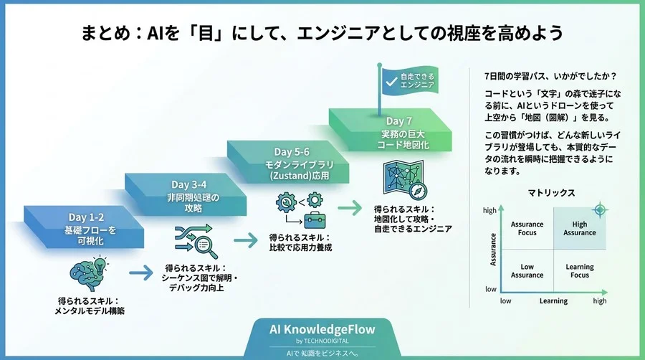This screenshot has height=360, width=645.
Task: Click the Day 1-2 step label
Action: [86, 217]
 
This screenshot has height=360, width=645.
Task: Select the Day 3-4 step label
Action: [190, 185]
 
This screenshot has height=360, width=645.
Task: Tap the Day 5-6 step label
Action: [292, 152]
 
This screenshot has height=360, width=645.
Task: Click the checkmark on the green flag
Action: [391, 80]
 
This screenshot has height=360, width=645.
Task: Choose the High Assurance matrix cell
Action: [579, 228]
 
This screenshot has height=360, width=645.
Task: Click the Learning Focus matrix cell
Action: [579, 270]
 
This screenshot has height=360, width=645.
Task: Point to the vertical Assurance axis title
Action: [494, 249]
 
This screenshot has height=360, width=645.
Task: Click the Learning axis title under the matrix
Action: [553, 301]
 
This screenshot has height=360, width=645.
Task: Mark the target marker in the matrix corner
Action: [600, 209]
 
